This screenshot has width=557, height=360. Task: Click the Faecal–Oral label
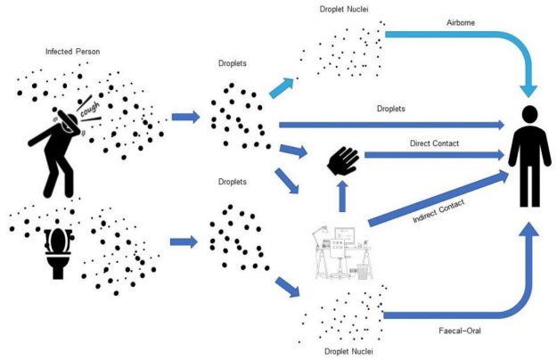pos(455,331)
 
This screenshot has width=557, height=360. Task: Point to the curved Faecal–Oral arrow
pos(499,303)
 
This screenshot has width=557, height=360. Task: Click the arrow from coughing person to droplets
pos(185,117)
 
